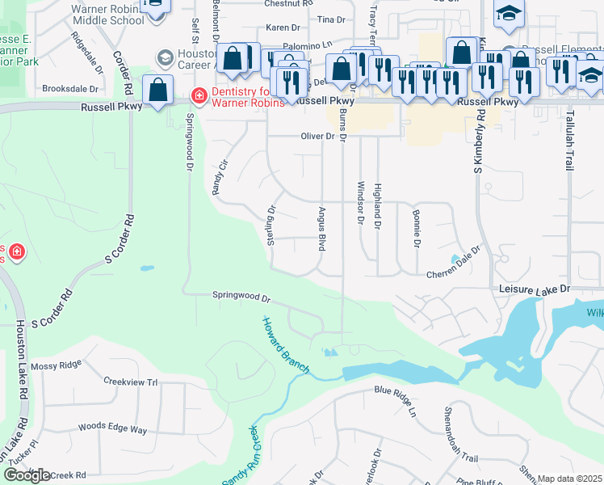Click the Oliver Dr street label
click(317, 137)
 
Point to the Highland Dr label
click(377, 206)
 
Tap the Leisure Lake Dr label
click(535, 289)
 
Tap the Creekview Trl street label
click(130, 381)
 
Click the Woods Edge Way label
click(112, 428)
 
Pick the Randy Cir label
click(216, 176)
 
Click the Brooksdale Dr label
click(70, 89)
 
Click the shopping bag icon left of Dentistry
click(158, 90)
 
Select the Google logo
click(27, 475)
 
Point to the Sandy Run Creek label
click(239, 457)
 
